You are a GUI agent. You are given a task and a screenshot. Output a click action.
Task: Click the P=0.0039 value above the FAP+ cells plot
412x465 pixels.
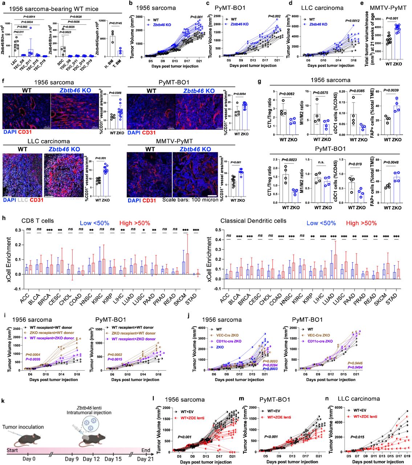391,90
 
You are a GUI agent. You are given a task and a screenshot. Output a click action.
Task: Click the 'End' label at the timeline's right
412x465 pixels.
146,450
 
